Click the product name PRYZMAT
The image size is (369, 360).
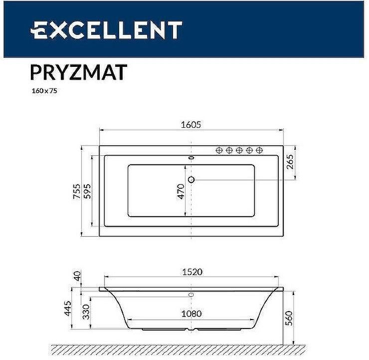click(78, 72)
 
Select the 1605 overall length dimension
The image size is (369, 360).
click(191, 125)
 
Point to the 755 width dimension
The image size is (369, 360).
click(77, 191)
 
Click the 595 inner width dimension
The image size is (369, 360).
click(87, 191)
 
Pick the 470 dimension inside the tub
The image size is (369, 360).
click(181, 191)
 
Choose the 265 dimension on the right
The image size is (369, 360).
click(290, 162)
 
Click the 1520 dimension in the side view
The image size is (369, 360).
click(191, 272)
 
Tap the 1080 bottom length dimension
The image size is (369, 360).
click(191, 314)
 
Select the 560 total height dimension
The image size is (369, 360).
click(289, 317)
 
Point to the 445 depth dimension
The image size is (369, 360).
click(76, 309)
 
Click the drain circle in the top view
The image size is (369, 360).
click(191, 180)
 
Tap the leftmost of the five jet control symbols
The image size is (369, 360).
click(219, 150)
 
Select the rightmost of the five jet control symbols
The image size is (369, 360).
click(259, 150)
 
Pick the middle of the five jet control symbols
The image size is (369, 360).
click(239, 150)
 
